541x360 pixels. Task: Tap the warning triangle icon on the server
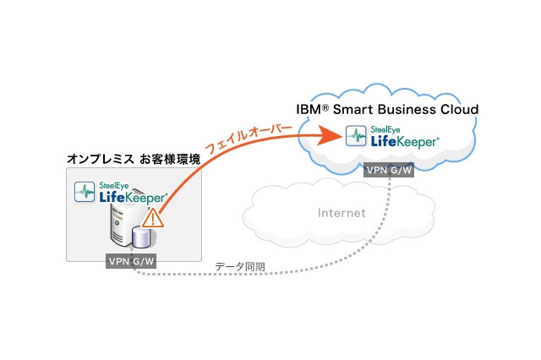(152, 219)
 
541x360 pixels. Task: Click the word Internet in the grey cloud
(342, 213)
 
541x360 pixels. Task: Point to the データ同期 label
(239, 266)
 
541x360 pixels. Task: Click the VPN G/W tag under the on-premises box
(132, 261)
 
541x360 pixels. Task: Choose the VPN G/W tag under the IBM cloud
(388, 170)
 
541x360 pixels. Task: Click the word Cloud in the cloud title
(462, 110)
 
